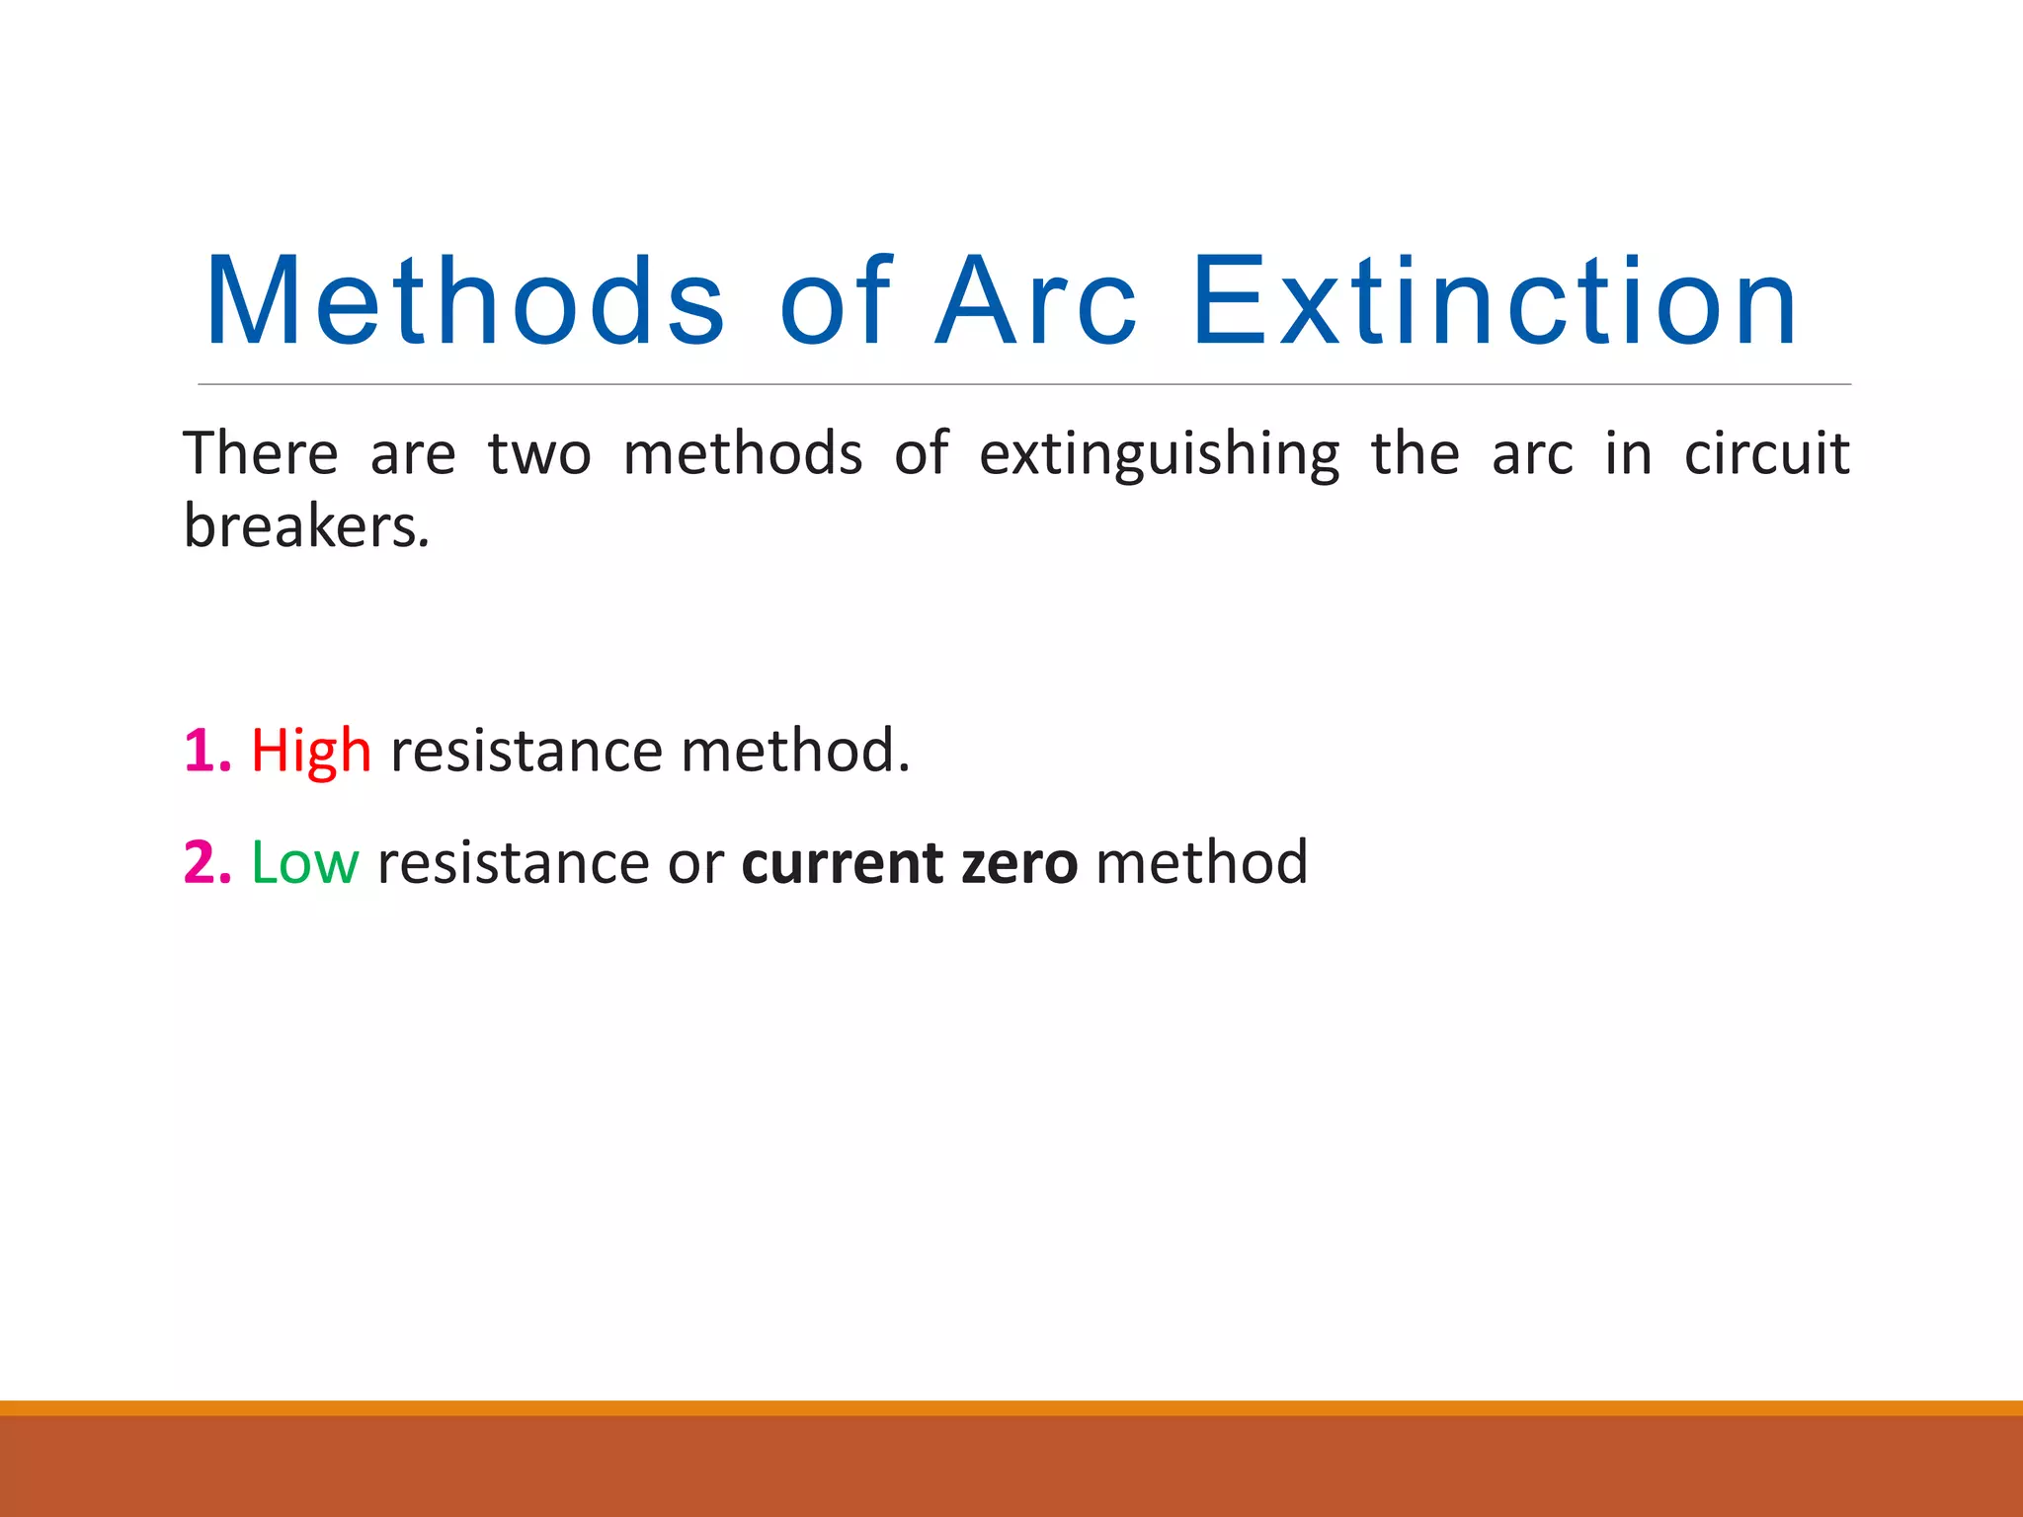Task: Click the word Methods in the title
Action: tap(465, 302)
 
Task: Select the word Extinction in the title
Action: tap(1495, 302)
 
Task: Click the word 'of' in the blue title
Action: tap(836, 302)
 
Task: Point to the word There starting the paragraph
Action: tap(261, 454)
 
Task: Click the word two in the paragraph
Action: tap(539, 454)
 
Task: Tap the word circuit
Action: tap(1766, 454)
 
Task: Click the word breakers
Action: tap(306, 526)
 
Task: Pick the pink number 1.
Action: tap(205, 751)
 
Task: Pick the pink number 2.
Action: tap(205, 862)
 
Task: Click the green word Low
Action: tap(304, 862)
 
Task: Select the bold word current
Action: tap(841, 863)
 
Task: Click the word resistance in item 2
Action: tap(513, 863)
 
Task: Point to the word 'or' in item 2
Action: tap(695, 863)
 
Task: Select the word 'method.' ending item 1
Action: tap(795, 752)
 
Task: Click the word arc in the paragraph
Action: tap(1531, 454)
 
